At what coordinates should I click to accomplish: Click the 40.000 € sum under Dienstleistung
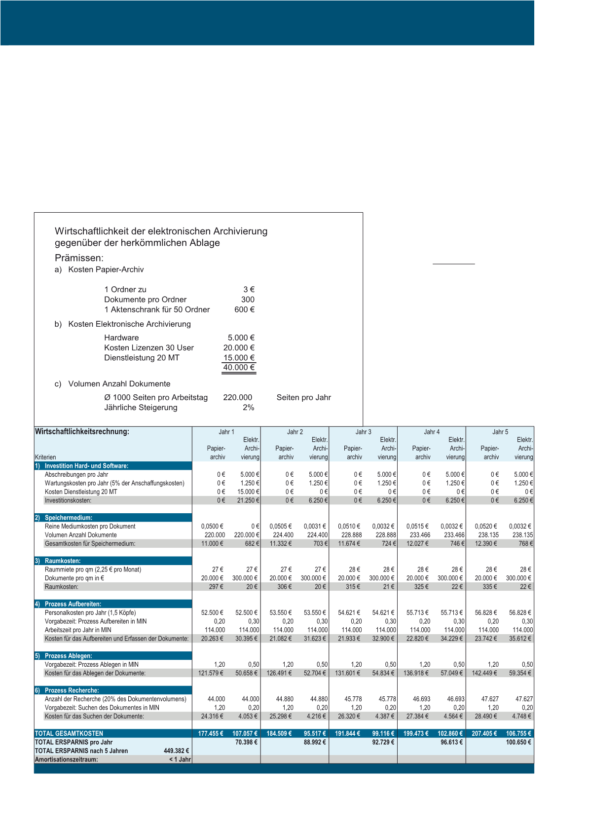(x=239, y=368)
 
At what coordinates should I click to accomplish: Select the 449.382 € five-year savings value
(x=176, y=751)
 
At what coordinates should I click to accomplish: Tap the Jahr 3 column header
(x=363, y=432)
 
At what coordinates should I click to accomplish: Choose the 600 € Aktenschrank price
(x=244, y=310)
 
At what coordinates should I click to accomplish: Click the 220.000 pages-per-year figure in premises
(x=237, y=398)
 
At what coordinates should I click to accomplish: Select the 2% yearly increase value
(x=248, y=408)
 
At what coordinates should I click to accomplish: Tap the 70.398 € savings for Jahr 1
(x=246, y=742)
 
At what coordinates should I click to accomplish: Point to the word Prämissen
(x=79, y=258)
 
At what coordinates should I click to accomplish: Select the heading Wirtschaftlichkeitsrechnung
(x=82, y=432)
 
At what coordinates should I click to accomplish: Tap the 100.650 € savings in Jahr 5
(x=518, y=742)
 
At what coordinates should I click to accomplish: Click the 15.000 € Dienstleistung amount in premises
(x=239, y=358)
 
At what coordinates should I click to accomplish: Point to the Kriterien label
(x=45, y=457)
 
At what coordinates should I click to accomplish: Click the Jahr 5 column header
(x=500, y=432)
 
